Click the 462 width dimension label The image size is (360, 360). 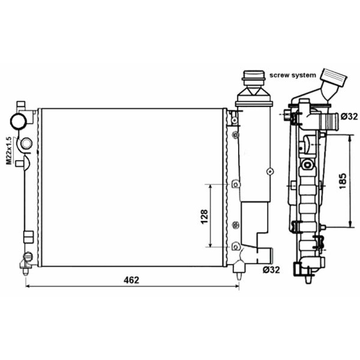click(131, 280)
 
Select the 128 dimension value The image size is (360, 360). click(204, 217)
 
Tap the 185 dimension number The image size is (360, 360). click(342, 181)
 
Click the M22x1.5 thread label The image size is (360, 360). click(9, 151)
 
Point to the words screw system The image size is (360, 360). click(293, 75)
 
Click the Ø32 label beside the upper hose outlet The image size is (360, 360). click(349, 117)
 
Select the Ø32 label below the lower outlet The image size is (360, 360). click(271, 270)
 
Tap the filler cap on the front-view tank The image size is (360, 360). click(253, 78)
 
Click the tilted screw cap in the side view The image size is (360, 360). click(333, 77)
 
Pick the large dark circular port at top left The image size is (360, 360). click(18, 121)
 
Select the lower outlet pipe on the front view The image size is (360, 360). click(265, 256)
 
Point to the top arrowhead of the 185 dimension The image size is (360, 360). click(350, 138)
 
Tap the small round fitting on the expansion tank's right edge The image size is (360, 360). click(270, 171)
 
